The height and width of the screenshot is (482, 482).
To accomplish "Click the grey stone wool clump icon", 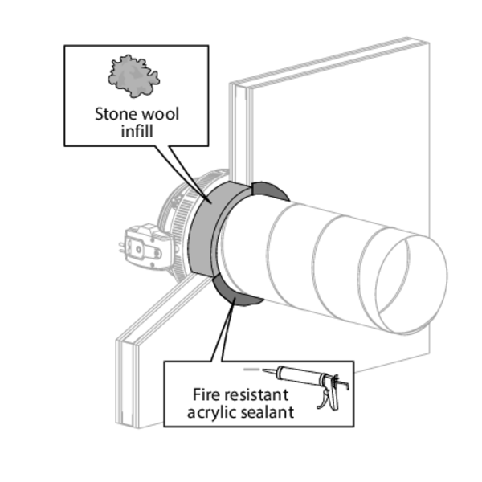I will (x=133, y=77).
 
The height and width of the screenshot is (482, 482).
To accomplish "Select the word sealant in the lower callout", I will (x=266, y=412).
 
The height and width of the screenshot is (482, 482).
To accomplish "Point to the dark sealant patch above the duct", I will (x=270, y=191).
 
